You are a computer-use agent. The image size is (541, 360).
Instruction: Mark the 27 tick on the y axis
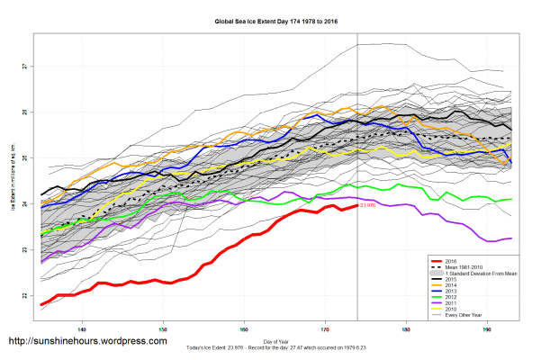pyautogui.click(x=24, y=67)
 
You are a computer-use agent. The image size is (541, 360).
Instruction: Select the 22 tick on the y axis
pyautogui.click(x=24, y=295)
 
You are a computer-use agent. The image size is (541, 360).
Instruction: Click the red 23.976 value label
pyautogui.click(x=367, y=206)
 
